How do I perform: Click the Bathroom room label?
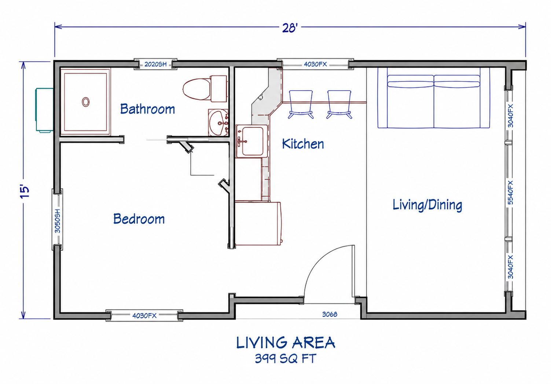(x=147, y=109)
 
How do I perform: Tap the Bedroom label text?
(x=139, y=219)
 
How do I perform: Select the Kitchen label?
(x=303, y=144)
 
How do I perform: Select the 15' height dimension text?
(x=25, y=191)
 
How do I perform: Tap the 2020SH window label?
(x=155, y=65)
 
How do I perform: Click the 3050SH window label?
(x=57, y=221)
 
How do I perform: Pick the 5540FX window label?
(x=510, y=192)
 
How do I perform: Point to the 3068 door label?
(x=330, y=314)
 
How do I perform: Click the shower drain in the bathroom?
(x=86, y=102)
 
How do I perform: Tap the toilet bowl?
(x=196, y=89)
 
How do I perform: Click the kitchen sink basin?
(x=253, y=141)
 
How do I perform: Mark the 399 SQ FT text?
(x=285, y=359)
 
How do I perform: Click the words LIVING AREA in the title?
(x=286, y=343)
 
